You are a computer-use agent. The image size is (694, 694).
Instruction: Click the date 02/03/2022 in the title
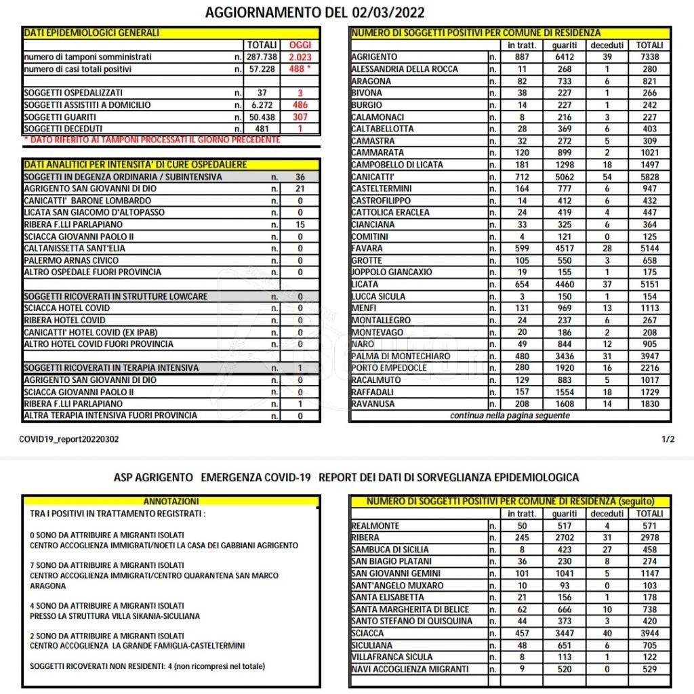pos(388,12)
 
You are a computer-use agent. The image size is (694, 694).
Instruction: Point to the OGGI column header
pos(300,45)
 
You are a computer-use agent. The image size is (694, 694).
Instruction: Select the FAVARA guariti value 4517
pos(564,249)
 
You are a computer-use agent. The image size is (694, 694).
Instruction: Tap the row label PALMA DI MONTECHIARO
pos(400,356)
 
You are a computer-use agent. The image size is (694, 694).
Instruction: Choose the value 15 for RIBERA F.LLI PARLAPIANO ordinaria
pos(300,224)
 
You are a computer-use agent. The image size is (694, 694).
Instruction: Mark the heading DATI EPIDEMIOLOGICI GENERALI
pos(91,33)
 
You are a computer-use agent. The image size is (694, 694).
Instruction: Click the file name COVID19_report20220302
pos(69,439)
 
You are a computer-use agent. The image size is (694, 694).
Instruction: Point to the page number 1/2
pos(668,439)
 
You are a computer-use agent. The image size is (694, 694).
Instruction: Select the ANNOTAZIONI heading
pos(171,502)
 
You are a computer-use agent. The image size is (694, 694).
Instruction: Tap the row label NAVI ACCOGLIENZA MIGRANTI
pos(410,669)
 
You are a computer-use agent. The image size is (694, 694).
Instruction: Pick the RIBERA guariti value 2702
pos(564,537)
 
